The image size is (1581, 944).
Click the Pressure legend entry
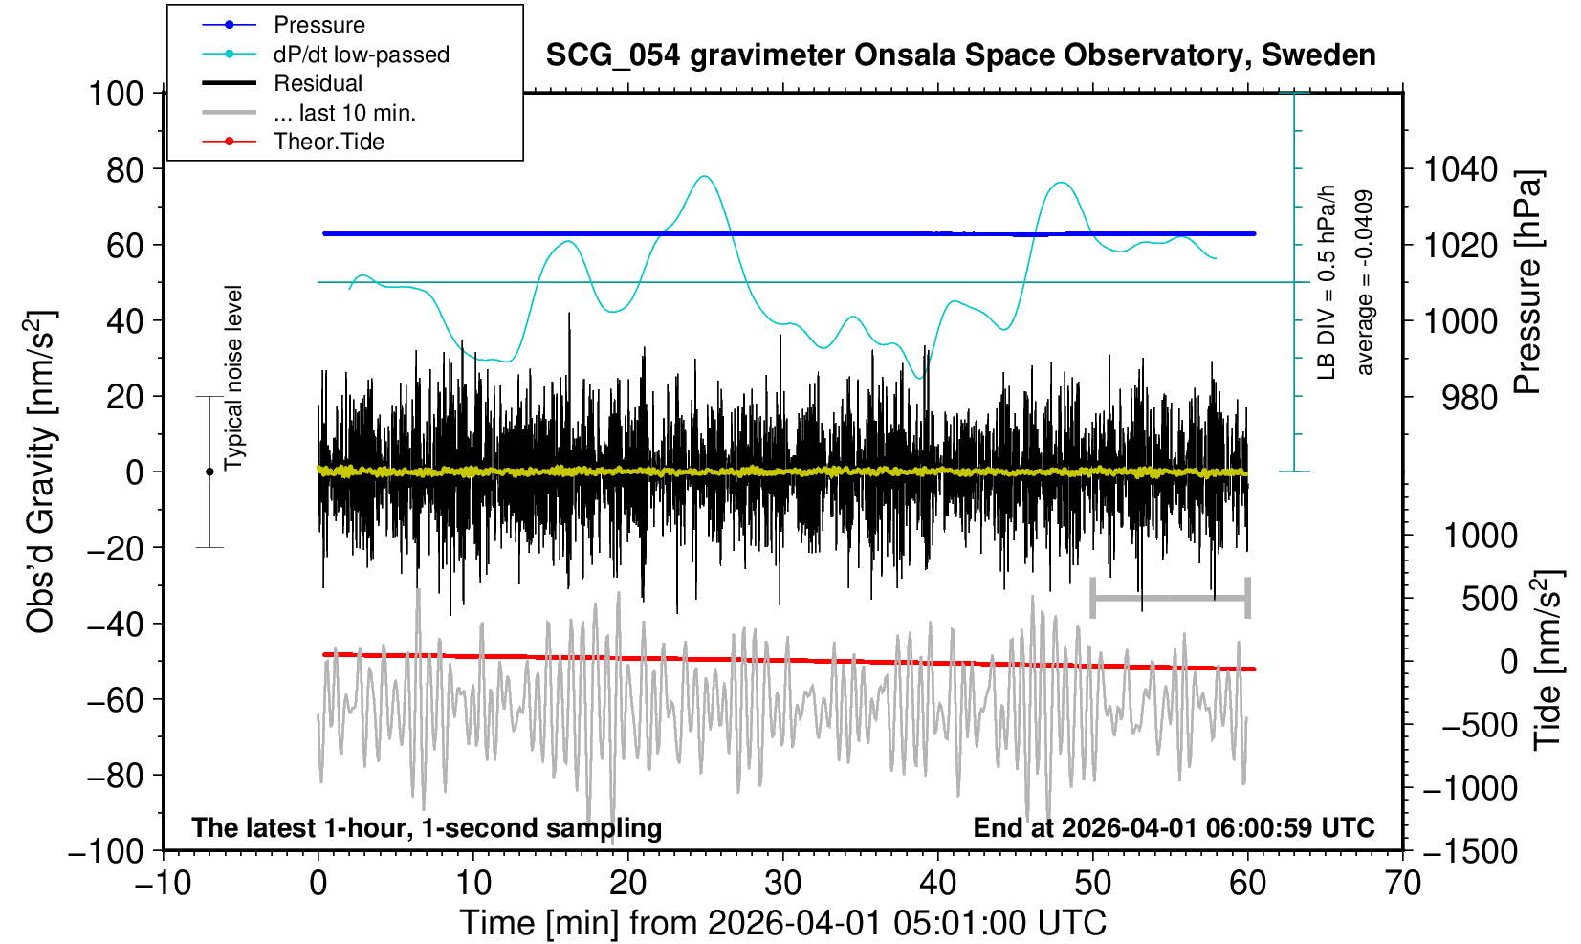[x=318, y=25]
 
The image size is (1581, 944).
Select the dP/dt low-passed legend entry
[x=361, y=55]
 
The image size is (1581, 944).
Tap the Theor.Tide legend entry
[x=328, y=142]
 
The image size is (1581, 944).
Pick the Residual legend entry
[x=318, y=83]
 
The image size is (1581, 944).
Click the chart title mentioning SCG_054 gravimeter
[x=960, y=55]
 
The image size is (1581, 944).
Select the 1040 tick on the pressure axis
[x=1460, y=170]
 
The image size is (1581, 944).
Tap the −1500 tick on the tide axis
[x=1470, y=851]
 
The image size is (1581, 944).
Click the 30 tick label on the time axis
[x=782, y=882]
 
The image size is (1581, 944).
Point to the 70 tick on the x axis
[x=1402, y=882]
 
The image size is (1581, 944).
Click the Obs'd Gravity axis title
[x=40, y=472]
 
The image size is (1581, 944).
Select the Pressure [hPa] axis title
[x=1528, y=282]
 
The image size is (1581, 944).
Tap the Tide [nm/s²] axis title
[x=1548, y=660]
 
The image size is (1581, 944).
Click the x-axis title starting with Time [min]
[x=782, y=923]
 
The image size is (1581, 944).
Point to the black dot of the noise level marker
[x=209, y=472]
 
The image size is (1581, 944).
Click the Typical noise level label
[x=233, y=378]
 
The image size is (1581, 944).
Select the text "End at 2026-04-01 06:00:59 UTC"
[x=1174, y=827]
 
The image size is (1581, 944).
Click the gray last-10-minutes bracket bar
[x=1170, y=599]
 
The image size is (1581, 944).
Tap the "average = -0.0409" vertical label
[x=1365, y=282]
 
